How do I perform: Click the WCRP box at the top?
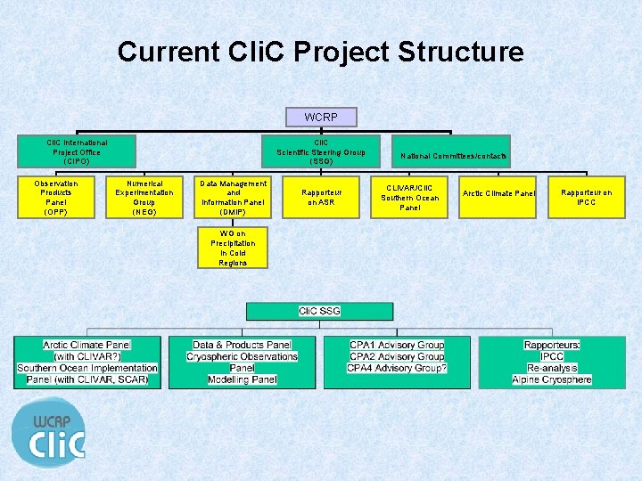pos(321,118)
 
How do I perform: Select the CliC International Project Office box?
pos(78,151)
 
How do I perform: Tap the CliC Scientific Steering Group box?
pos(321,151)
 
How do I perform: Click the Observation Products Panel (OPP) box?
pos(56,198)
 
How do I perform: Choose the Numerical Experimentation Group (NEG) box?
pos(144,198)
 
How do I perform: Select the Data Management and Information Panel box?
pos(233,198)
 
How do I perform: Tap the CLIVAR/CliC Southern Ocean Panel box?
pos(409,198)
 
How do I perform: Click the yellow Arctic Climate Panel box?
pos(498,193)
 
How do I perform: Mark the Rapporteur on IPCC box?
pos(586,198)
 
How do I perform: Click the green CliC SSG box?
pos(319,311)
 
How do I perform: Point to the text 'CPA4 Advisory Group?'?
pos(397,368)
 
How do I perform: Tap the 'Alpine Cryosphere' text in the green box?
pos(552,379)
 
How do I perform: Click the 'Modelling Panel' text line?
pos(242,379)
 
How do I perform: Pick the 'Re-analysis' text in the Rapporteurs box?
pos(552,368)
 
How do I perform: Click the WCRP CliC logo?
pos(49,433)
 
